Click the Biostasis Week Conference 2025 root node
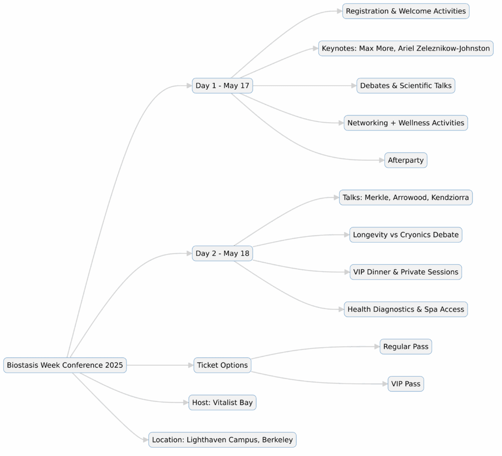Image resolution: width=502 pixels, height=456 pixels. click(65, 365)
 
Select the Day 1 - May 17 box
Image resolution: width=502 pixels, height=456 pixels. click(223, 86)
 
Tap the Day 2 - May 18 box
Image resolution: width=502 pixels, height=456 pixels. click(223, 253)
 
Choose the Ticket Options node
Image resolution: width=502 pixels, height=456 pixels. click(223, 365)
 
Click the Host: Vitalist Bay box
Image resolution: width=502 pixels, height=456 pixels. click(223, 403)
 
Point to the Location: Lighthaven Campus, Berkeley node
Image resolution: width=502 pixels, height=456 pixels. click(223, 440)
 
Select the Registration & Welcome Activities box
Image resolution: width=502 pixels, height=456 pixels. click(406, 11)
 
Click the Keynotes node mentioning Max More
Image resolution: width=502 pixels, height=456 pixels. click(406, 49)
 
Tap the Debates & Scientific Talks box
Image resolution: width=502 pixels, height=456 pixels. click(406, 86)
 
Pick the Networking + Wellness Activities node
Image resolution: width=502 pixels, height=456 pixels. click(406, 123)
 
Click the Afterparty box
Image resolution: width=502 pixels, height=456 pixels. click(406, 160)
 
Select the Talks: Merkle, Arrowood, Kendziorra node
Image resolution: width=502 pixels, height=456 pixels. click(406, 198)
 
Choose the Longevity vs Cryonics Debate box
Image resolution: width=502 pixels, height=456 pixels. click(406, 235)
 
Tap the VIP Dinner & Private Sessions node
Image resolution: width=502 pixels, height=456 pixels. click(406, 272)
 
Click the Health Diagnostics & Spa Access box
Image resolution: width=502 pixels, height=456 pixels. click(406, 309)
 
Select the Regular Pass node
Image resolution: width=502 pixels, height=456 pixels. click(406, 347)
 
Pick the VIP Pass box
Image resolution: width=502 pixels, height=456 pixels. click(406, 384)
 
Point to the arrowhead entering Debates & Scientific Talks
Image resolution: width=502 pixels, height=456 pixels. click(353, 86)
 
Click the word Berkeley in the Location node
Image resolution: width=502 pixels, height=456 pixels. click(277, 440)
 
